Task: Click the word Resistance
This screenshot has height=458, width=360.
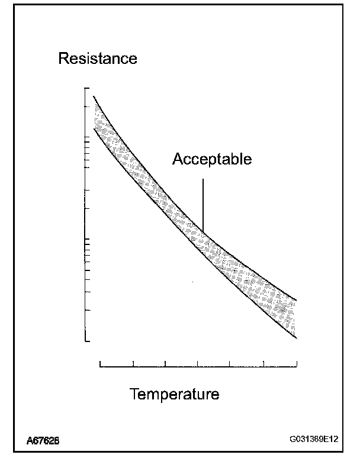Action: [97, 59]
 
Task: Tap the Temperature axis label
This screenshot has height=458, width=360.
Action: [174, 394]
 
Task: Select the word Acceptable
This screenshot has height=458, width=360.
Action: [212, 159]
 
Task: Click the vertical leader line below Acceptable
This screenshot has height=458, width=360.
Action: [203, 201]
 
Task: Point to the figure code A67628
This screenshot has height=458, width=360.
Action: [42, 441]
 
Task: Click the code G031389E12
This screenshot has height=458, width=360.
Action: [314, 440]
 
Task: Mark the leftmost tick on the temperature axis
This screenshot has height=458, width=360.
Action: [101, 364]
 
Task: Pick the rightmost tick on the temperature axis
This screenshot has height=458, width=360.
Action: [296, 364]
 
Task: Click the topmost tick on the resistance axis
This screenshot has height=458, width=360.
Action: [88, 89]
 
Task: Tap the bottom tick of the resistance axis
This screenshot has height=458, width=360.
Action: [88, 341]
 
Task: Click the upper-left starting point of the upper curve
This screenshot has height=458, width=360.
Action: [94, 96]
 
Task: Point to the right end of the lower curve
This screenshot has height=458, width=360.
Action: [296, 338]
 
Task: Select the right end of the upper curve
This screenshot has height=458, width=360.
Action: [296, 299]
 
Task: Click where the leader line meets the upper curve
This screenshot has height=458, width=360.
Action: [203, 232]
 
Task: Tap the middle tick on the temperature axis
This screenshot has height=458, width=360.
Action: [198, 364]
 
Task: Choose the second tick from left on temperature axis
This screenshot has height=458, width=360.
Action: [133, 364]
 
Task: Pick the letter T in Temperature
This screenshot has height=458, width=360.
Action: [134, 394]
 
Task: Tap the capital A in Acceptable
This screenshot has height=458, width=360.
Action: [177, 159]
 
